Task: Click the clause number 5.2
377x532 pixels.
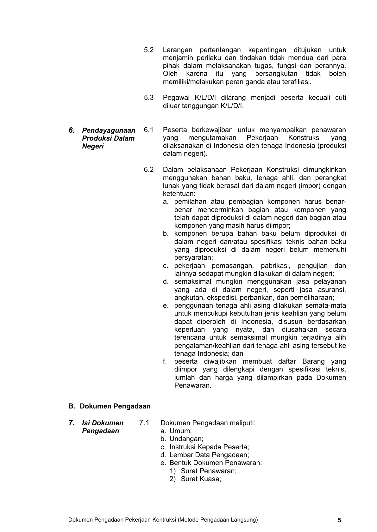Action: tap(148, 50)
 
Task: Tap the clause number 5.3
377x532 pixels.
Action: tap(148, 98)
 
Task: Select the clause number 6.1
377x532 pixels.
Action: tap(148, 130)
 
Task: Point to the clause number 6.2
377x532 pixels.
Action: tap(148, 170)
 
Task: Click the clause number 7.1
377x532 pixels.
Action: tap(144, 423)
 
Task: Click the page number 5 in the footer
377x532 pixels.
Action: tap(339, 520)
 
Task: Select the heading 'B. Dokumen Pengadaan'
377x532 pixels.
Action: tap(109, 406)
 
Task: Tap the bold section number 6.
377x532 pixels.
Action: tap(72, 130)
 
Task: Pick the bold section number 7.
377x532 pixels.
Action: tap(72, 423)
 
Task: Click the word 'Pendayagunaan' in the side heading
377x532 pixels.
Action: tap(109, 130)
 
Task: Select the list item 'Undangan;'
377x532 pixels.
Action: tap(186, 439)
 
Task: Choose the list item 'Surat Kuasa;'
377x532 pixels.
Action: tap(201, 479)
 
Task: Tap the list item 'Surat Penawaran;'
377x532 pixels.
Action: tap(209, 471)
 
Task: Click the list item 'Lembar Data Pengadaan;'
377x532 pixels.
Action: tap(209, 455)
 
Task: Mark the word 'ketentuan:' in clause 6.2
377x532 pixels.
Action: tap(179, 194)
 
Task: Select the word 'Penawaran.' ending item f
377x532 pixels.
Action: tap(192, 385)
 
